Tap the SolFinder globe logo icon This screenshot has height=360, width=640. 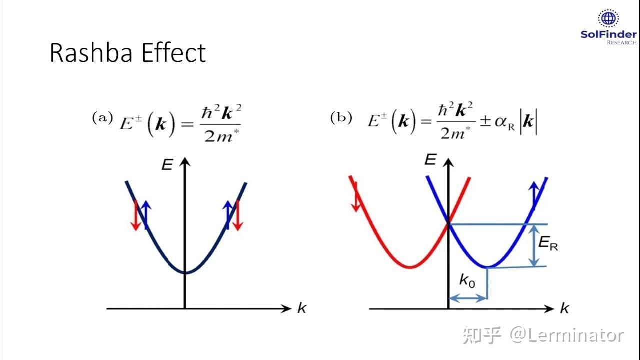608,18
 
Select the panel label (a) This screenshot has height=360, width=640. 102,118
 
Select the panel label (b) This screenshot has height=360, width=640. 341,118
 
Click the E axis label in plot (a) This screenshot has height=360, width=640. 167,165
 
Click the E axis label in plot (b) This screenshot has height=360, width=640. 431,160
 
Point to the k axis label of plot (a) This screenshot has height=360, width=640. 301,308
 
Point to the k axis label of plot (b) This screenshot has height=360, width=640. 564,308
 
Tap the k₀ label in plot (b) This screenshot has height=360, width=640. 467,281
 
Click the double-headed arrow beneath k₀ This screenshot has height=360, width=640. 467,298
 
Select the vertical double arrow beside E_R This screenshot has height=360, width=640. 535,245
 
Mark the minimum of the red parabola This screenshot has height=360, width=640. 410,266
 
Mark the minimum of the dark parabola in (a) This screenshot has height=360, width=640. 185,272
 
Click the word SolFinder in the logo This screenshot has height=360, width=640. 608,34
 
